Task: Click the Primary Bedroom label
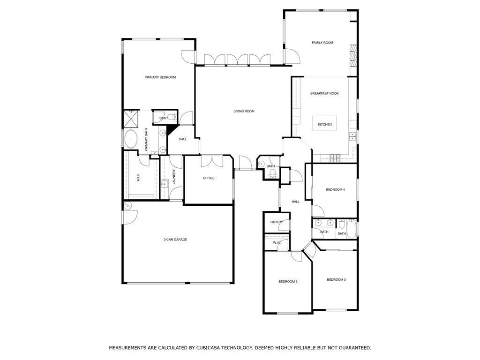click(x=160, y=77)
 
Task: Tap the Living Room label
click(x=244, y=111)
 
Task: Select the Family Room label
click(x=322, y=43)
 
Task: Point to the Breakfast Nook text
click(x=324, y=93)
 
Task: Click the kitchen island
click(x=324, y=123)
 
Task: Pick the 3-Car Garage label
click(x=175, y=240)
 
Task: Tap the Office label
click(x=209, y=178)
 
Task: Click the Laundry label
click(x=174, y=177)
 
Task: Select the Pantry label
click(x=277, y=222)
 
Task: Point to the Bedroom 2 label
click(x=288, y=281)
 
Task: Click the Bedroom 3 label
click(x=336, y=279)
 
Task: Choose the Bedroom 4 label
click(x=335, y=189)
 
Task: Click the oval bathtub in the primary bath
click(x=131, y=139)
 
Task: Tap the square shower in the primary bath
click(x=131, y=119)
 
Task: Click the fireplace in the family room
click(x=353, y=56)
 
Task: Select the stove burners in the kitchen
click(x=335, y=158)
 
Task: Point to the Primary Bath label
click(x=146, y=139)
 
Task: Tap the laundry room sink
click(x=165, y=184)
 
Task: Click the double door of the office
click(x=212, y=161)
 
